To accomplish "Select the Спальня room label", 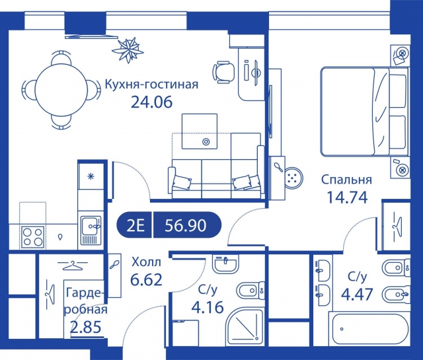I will (x=346, y=179).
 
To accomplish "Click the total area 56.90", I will (x=188, y=225).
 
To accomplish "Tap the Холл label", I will (x=146, y=261).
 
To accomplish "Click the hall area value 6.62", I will (x=146, y=279).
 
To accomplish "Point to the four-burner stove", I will (x=31, y=234).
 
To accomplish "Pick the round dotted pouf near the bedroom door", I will (x=291, y=176).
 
